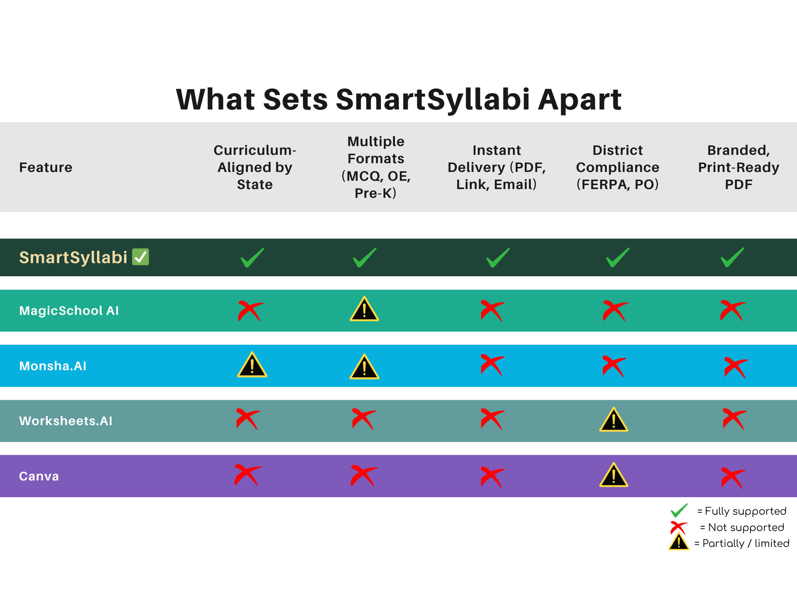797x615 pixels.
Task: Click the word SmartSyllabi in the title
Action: click(433, 100)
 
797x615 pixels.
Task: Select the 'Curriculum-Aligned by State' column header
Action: click(255, 167)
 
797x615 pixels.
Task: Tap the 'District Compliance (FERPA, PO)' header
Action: click(618, 167)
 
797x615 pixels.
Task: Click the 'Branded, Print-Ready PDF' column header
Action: click(738, 167)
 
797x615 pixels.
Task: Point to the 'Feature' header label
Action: click(46, 167)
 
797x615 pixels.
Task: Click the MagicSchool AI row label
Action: click(69, 310)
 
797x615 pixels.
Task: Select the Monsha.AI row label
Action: click(53, 366)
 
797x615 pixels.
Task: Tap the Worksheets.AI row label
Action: click(66, 421)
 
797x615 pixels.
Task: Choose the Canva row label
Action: click(39, 476)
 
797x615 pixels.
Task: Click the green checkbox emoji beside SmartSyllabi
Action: click(140, 257)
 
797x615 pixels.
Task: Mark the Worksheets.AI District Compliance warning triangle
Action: click(614, 420)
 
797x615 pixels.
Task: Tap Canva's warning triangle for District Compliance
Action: click(614, 475)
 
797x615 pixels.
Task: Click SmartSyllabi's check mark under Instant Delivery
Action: click(498, 258)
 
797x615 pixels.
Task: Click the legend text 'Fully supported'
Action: click(746, 511)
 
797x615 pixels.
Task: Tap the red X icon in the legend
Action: click(679, 528)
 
